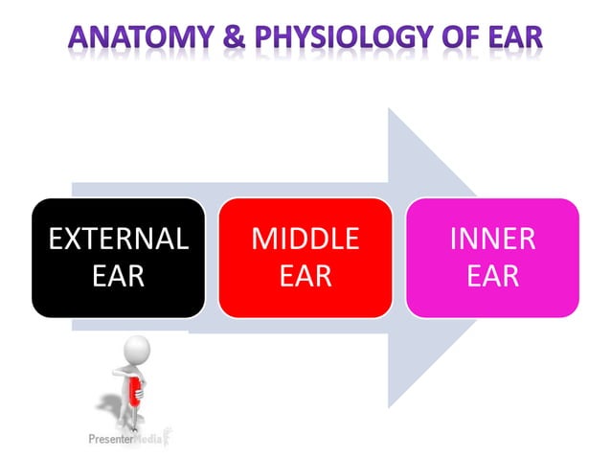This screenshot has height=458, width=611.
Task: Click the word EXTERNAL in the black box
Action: [118, 239]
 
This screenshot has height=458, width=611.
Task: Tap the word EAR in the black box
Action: [118, 277]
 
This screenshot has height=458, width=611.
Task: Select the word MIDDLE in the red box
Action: [305, 239]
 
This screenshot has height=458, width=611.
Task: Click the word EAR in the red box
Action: [305, 277]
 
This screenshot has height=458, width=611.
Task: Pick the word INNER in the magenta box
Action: [492, 239]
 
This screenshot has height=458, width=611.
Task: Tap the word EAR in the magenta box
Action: [492, 277]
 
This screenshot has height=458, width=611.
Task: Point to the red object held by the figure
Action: [136, 390]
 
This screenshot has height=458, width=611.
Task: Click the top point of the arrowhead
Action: [389, 108]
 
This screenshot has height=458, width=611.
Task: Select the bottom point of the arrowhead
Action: [389, 407]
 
